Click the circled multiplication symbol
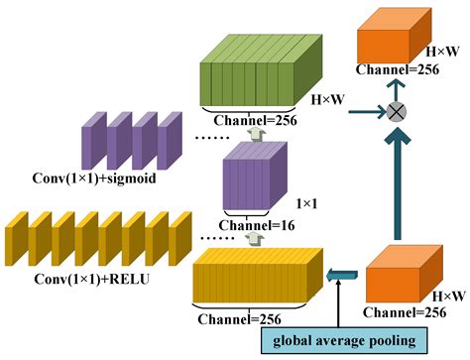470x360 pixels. point(396,112)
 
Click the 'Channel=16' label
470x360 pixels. point(249,226)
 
